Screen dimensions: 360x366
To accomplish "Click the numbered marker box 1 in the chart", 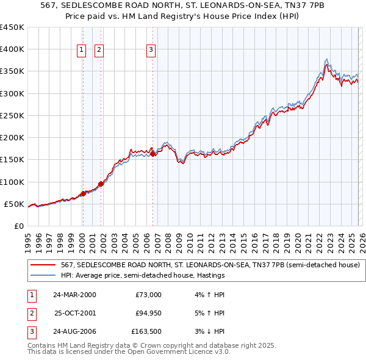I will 82,51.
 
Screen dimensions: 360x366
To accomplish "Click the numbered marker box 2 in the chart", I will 99,51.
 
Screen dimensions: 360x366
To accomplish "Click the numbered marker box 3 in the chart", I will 151,51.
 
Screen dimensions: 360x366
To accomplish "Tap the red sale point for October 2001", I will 101,183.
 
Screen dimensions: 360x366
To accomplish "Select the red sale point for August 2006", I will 153,154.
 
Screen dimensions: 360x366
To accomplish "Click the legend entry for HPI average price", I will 143,276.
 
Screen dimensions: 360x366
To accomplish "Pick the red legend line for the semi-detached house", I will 43,265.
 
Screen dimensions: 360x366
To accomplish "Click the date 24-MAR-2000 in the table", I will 74,295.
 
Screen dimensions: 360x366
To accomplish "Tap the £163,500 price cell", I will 146,331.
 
